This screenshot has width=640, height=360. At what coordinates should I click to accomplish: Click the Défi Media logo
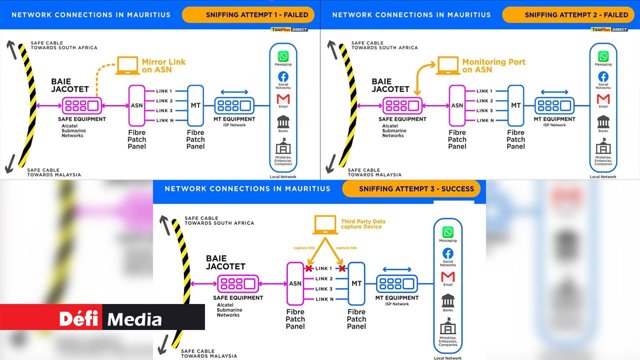pos(110,318)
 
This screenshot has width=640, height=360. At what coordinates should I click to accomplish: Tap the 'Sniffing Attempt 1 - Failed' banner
pos(248,15)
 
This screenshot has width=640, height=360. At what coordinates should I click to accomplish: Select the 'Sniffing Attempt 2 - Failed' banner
pos(569,15)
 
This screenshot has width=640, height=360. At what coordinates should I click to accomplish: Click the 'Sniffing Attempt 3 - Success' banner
pos(411,189)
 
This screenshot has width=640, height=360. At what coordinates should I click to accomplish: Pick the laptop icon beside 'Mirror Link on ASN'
pos(127,65)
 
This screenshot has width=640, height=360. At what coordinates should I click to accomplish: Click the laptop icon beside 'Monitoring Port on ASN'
pos(448,65)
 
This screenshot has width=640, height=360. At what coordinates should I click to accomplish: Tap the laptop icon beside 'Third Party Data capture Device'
pos(324,224)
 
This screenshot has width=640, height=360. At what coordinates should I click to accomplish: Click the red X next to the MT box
pos(342,268)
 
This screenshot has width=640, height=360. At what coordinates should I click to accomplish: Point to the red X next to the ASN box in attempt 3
pos(308,268)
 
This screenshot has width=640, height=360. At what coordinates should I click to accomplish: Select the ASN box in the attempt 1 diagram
pos(136,105)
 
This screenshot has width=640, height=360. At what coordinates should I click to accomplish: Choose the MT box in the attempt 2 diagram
pos(515,105)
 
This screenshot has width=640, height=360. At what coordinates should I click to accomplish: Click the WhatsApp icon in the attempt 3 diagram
pos(448,232)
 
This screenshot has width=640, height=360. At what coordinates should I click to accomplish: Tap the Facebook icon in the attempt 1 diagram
pos(283,76)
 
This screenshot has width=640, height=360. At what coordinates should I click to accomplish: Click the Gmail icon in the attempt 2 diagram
pos(603,99)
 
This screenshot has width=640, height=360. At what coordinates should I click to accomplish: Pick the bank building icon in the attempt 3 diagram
pos(448,300)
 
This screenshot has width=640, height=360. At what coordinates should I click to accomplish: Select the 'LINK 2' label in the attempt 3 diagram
pos(324,279)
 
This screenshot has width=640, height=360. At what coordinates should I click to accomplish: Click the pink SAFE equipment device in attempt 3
pos(238,284)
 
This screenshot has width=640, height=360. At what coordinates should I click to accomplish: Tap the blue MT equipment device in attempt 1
pos(234,105)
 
